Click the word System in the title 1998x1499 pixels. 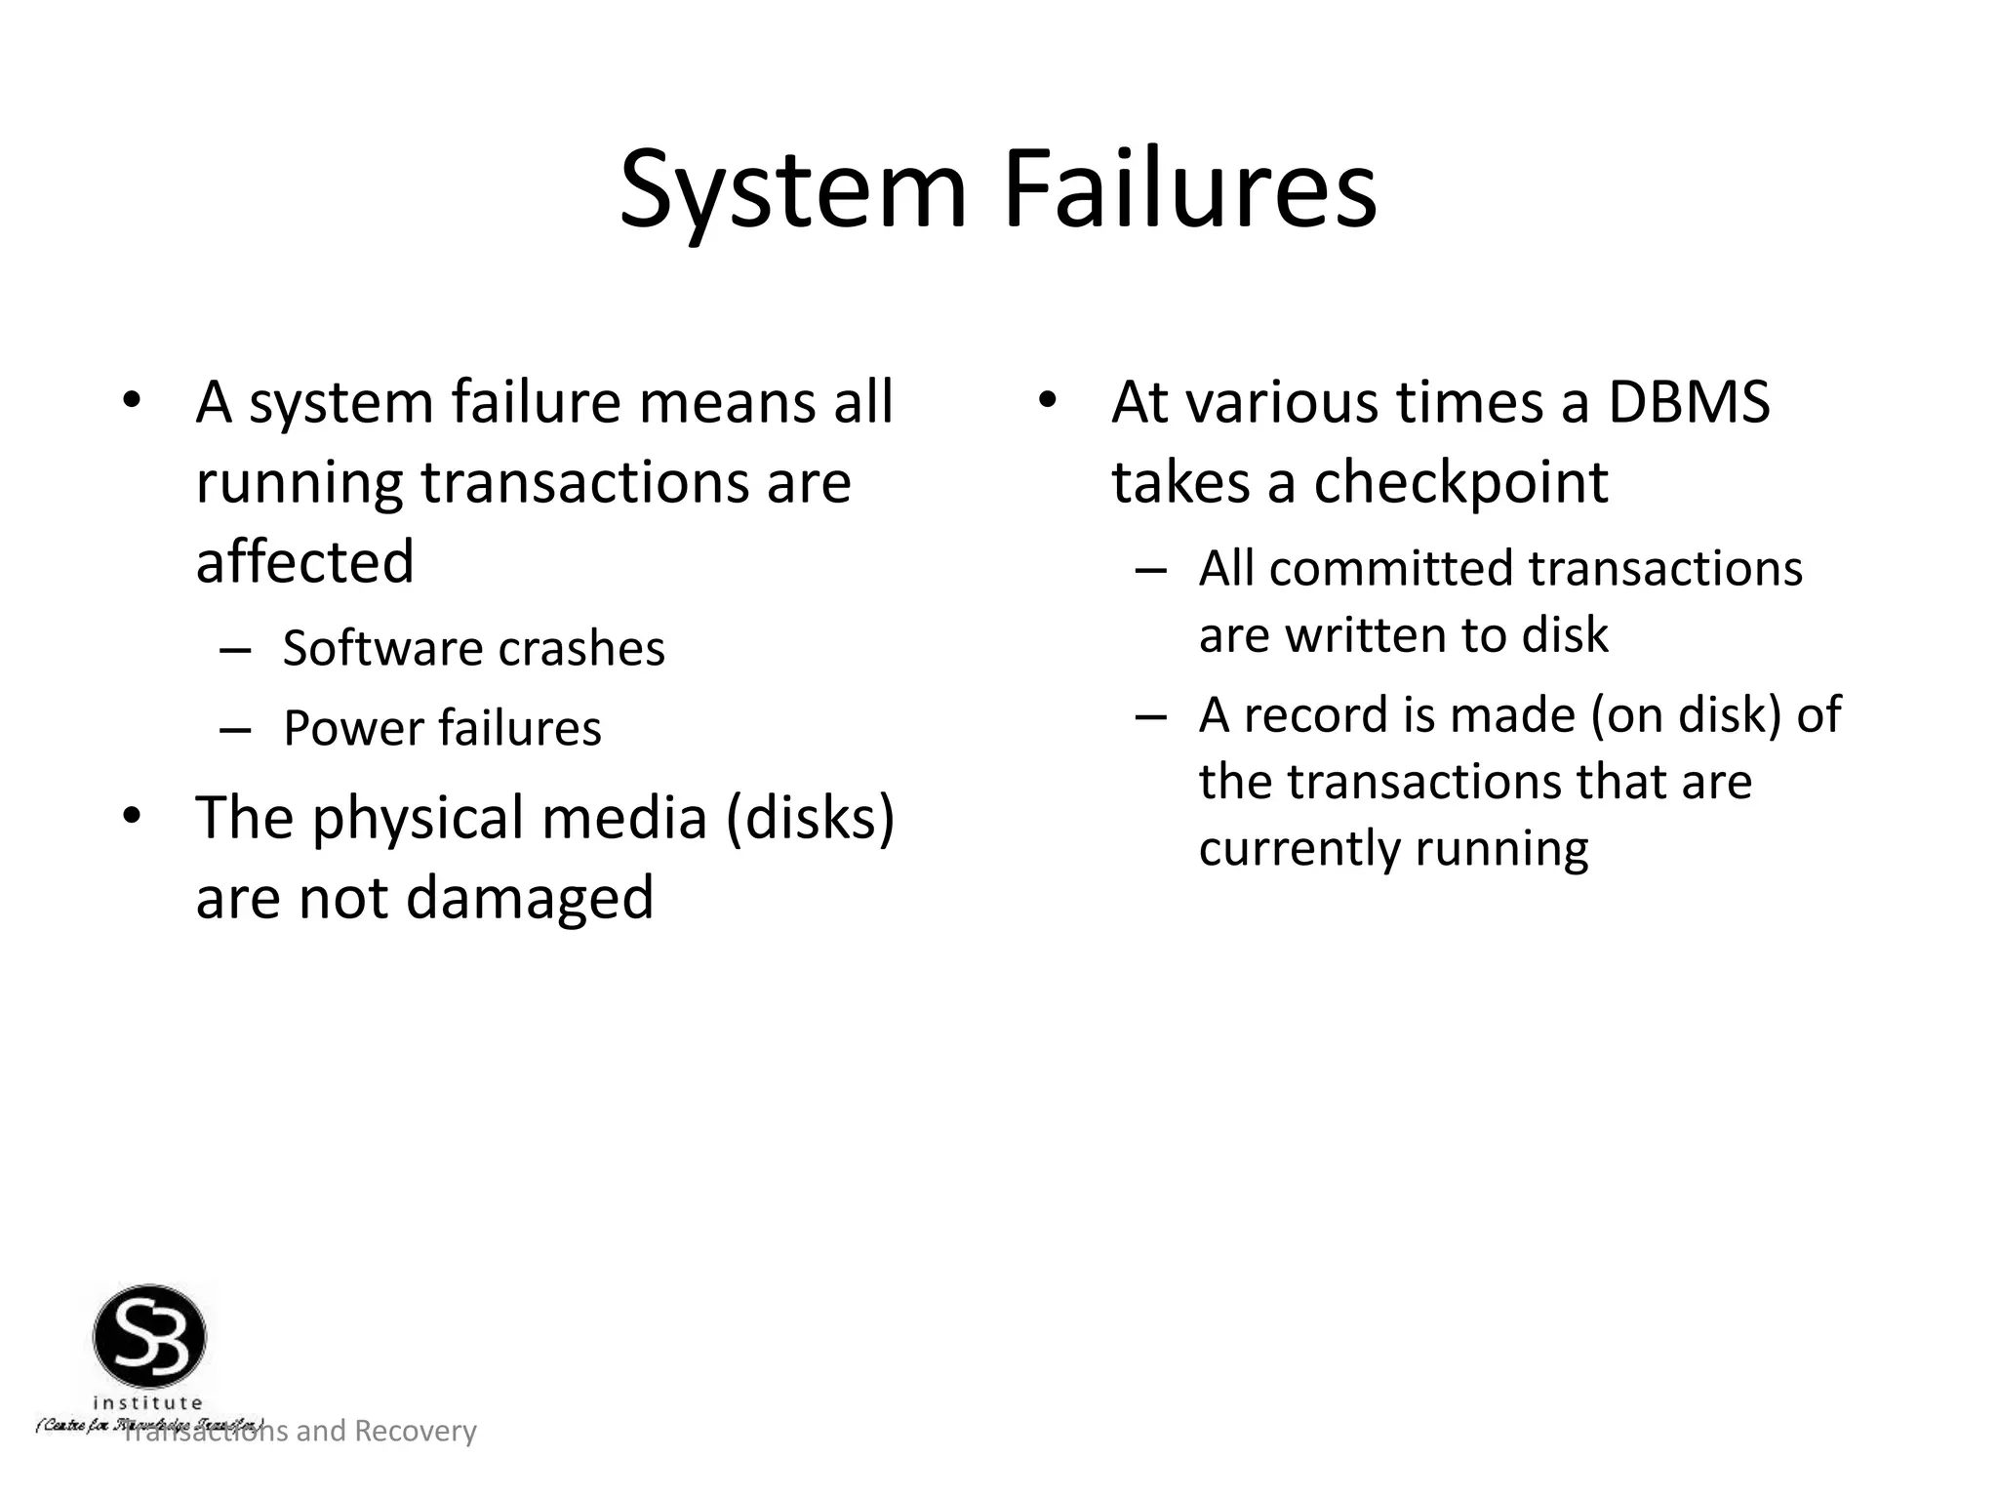[x=792, y=190]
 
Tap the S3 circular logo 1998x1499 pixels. [x=149, y=1336]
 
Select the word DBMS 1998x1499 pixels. [x=1688, y=402]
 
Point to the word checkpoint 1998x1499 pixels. [x=1460, y=483]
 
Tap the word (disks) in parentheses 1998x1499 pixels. [x=809, y=818]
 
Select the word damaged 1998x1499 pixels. [x=529, y=899]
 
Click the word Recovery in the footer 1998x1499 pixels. [x=415, y=1431]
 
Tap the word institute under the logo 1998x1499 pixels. [x=148, y=1403]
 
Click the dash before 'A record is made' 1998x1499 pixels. [x=1150, y=715]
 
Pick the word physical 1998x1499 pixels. [x=418, y=818]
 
